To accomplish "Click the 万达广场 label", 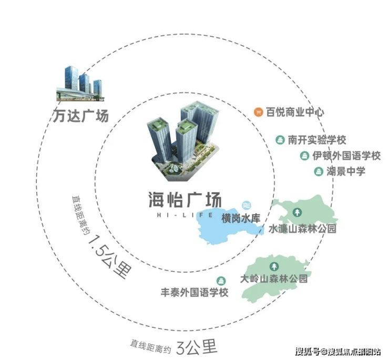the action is click(x=81, y=116).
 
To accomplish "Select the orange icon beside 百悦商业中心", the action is click(x=259, y=112).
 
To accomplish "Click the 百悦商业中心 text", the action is click(x=295, y=112).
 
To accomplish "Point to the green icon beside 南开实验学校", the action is click(x=280, y=140).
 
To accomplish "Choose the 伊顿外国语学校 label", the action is click(x=346, y=156).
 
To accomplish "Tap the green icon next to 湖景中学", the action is click(x=319, y=171).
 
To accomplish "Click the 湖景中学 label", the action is click(x=346, y=171).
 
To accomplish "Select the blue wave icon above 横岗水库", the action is click(x=247, y=205).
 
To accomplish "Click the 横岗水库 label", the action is click(x=241, y=219).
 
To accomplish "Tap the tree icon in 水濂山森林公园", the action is click(x=297, y=212).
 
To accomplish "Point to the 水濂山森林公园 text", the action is click(x=302, y=229).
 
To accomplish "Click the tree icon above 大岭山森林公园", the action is click(x=274, y=266).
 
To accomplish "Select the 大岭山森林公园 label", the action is click(x=274, y=279).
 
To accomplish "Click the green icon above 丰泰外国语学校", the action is click(x=221, y=281).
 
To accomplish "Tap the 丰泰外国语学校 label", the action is click(x=194, y=292).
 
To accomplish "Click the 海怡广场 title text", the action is click(x=185, y=200).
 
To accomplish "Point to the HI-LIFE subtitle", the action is click(x=185, y=215).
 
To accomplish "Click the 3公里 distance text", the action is click(x=197, y=346).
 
